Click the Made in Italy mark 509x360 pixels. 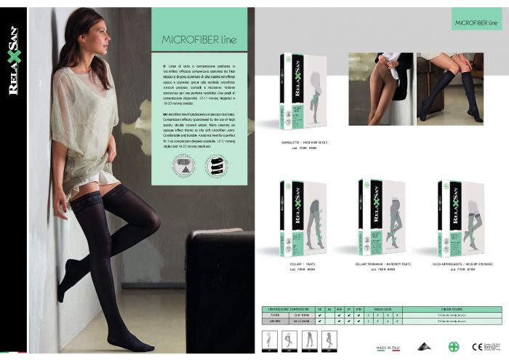(x=388, y=348)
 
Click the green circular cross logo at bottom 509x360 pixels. (x=454, y=346)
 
